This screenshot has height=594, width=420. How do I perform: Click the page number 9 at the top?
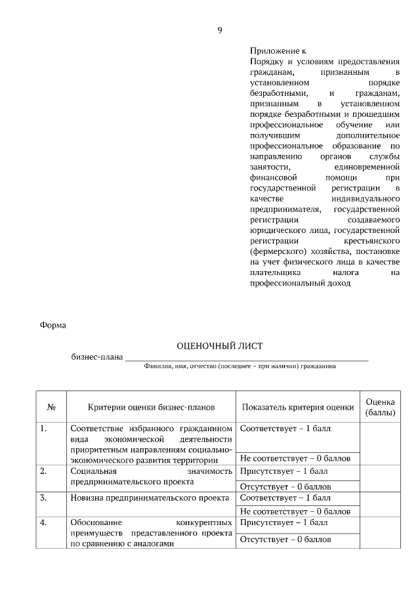pyautogui.click(x=220, y=30)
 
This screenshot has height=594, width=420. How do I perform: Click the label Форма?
pyautogui.click(x=53, y=324)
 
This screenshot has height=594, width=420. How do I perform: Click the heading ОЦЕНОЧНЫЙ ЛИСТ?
pyautogui.click(x=220, y=345)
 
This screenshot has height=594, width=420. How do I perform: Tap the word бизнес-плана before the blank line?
pyautogui.click(x=97, y=357)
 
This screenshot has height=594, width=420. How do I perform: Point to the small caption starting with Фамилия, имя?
pyautogui.click(x=240, y=367)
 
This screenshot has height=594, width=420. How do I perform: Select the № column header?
pyautogui.click(x=51, y=407)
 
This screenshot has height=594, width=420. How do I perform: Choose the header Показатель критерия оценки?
pyautogui.click(x=293, y=407)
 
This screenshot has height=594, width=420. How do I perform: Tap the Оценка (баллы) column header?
pyautogui.click(x=380, y=407)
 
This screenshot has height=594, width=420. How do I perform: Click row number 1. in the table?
pyautogui.click(x=43, y=429)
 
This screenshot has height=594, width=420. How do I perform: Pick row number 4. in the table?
pyautogui.click(x=43, y=523)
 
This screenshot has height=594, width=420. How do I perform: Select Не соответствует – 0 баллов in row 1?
pyautogui.click(x=295, y=458)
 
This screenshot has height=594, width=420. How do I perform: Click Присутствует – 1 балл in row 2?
pyautogui.click(x=283, y=471)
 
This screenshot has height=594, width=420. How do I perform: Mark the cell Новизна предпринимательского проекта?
pyautogui.click(x=150, y=498)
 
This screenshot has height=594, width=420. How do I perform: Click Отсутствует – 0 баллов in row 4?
pyautogui.click(x=285, y=540)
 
